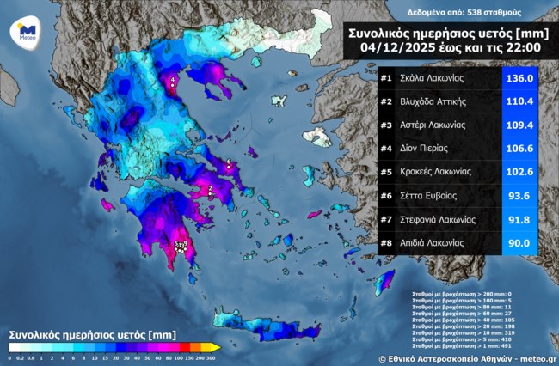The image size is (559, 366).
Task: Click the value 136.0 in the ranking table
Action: pos(519,78)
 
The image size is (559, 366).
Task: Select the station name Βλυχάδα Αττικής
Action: pos(434,101)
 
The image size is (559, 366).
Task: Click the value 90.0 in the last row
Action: pos(519,242)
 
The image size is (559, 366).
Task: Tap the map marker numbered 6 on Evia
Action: pos(229,162)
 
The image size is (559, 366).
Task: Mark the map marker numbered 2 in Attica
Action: pos(211,189)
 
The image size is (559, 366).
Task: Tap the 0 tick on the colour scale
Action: pos(9,357)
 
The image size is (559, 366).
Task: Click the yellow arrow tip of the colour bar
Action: pos(216,347)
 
